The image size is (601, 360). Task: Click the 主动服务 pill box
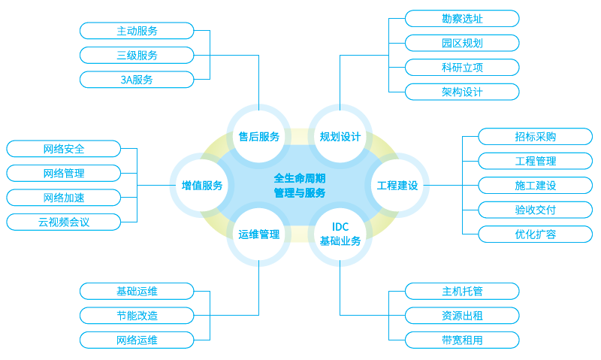[137, 31]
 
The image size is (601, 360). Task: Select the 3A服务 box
[137, 79]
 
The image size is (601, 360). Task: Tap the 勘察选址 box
[462, 19]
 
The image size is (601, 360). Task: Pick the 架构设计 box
[462, 92]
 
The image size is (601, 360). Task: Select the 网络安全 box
[64, 149]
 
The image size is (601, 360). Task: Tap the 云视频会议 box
[64, 222]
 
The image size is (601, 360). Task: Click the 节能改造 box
[137, 315]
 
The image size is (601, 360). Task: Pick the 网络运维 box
[137, 340]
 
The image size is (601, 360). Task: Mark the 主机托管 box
[462, 291]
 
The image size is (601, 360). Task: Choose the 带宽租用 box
[462, 340]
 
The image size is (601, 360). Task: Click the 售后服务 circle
[259, 137]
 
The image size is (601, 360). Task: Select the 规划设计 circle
[340, 137]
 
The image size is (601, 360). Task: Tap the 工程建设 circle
[397, 185]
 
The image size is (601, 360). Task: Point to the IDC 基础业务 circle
[340, 234]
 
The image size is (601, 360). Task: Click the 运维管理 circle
[259, 234]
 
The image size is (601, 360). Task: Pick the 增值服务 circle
[202, 185]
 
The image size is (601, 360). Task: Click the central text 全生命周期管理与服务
[300, 186]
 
